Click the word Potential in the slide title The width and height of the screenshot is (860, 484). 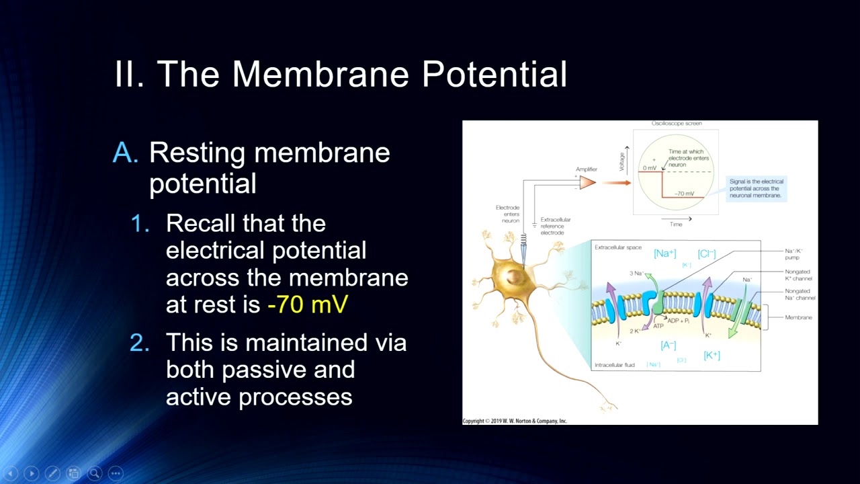[x=494, y=74]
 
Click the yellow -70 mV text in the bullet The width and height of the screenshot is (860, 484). [x=307, y=305]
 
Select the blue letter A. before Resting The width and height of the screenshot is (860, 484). [x=125, y=153]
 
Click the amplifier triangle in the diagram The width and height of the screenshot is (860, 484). [x=587, y=182]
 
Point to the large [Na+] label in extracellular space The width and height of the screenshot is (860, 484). [x=664, y=253]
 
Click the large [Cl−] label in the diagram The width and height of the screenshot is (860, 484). [x=707, y=253]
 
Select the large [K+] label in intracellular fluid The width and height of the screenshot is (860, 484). [x=712, y=355]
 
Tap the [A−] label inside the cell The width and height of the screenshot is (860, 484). [x=668, y=345]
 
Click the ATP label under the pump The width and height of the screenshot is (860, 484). [x=658, y=327]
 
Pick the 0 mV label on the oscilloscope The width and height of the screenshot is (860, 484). [x=649, y=167]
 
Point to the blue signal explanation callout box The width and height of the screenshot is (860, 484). [x=757, y=188]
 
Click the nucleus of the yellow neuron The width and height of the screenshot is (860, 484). [x=515, y=276]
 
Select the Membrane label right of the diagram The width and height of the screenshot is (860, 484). [x=798, y=317]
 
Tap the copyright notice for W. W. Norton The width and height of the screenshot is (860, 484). [x=515, y=421]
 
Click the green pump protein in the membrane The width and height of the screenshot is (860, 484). [x=655, y=303]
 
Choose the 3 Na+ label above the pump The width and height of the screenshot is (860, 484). [x=636, y=273]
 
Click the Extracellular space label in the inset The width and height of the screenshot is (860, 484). [x=617, y=247]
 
